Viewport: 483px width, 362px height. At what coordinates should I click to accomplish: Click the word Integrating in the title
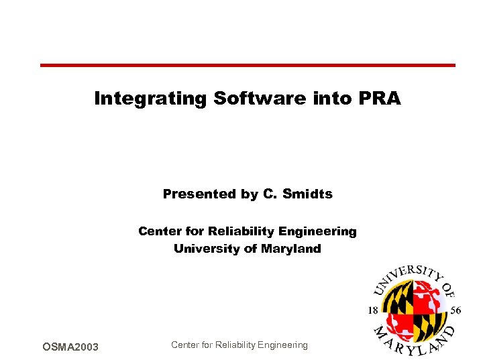pyautogui.click(x=150, y=99)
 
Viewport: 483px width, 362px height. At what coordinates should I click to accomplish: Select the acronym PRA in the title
pyautogui.click(x=380, y=99)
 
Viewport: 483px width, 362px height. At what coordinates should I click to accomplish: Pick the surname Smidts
pyautogui.click(x=307, y=194)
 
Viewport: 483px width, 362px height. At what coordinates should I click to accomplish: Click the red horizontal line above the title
pyautogui.click(x=248, y=65)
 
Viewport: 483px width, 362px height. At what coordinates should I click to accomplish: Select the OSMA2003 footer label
pyautogui.click(x=70, y=347)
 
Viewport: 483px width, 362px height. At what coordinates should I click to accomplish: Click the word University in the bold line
pyautogui.click(x=203, y=249)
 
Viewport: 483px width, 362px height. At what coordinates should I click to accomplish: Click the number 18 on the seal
pyautogui.click(x=373, y=310)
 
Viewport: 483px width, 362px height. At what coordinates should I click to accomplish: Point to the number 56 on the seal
pyautogui.click(x=455, y=310)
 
